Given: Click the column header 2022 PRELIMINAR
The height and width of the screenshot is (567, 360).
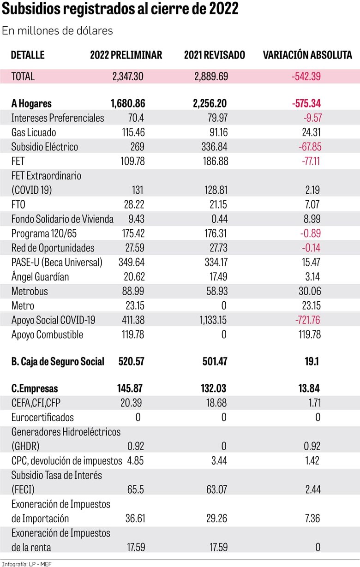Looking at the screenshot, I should pos(126,55).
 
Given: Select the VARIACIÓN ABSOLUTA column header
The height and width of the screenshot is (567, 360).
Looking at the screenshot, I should pos(307,55).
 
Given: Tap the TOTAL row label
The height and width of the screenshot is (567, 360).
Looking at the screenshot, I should pos(23,77).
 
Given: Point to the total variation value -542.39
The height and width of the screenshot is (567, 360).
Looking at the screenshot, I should pos(306,77).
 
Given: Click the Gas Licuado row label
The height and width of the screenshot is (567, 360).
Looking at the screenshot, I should pos(34,132).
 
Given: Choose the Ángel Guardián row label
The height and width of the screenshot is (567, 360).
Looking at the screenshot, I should pos(40,276).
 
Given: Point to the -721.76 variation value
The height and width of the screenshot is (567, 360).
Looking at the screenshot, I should pos(306,320).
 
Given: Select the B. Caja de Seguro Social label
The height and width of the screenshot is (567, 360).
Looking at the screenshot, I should pos(58,361).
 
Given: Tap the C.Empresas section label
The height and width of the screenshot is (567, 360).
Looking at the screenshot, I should pos(35,388).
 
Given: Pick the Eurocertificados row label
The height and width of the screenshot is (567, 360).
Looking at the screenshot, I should pos(42,417).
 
